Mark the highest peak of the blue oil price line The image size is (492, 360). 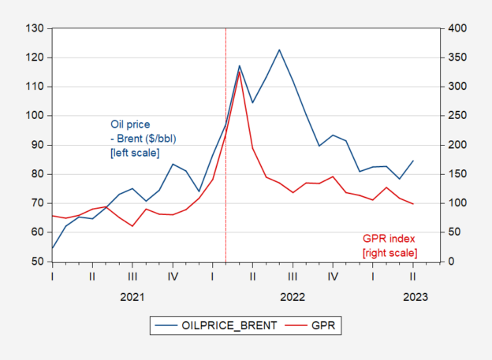click(x=279, y=50)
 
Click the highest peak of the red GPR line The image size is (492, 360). click(x=239, y=72)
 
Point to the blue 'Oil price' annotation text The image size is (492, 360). click(x=129, y=124)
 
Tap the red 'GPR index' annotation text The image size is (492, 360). click(x=389, y=238)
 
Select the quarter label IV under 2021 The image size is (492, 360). click(x=173, y=276)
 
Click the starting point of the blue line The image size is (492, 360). click(x=52, y=248)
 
